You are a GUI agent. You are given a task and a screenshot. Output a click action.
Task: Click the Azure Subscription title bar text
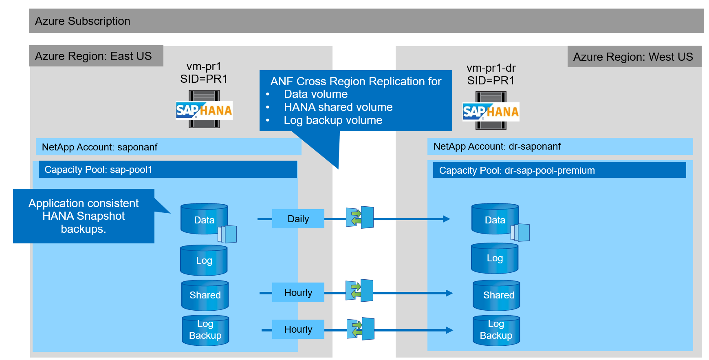click(83, 21)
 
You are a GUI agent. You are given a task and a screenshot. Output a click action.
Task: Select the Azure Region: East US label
click(93, 56)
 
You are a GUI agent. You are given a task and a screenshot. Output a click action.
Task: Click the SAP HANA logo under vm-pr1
click(204, 110)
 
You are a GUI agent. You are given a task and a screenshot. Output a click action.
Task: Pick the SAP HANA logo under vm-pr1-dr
click(491, 112)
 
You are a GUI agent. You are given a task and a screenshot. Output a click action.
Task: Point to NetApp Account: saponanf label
click(99, 147)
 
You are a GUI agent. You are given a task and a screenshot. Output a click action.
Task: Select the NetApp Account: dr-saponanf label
click(497, 146)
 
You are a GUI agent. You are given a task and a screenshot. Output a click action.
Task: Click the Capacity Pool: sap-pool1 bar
click(167, 170)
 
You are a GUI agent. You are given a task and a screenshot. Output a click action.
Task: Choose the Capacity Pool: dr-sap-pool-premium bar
click(559, 170)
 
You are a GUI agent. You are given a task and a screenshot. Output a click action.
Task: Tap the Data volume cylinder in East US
click(204, 219)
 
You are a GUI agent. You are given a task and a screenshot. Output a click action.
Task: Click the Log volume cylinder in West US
click(495, 258)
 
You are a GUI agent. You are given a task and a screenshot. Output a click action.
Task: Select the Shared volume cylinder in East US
click(205, 295)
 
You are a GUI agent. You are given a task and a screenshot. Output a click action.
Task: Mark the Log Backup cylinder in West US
click(496, 330)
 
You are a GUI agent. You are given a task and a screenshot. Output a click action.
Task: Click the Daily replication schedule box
click(298, 219)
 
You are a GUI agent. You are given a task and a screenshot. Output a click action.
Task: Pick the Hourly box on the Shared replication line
click(298, 293)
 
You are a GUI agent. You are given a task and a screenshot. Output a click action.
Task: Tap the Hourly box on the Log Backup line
click(298, 329)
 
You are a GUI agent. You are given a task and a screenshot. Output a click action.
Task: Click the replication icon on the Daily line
click(360, 217)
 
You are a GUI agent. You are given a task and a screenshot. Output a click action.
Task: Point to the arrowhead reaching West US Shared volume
click(449, 293)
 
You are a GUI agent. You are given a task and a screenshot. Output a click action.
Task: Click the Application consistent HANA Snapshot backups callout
click(84, 216)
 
